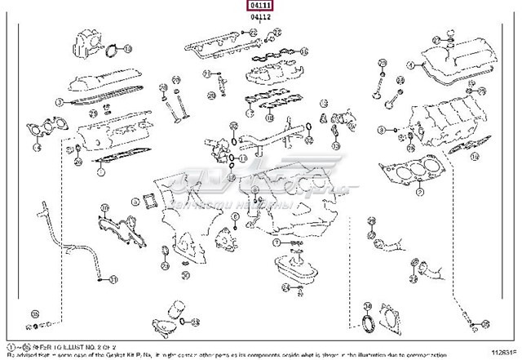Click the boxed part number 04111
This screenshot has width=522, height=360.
pos(260,6)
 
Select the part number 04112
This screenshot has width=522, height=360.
pos(260,18)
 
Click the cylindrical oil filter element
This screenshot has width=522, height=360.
pos(177,314)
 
